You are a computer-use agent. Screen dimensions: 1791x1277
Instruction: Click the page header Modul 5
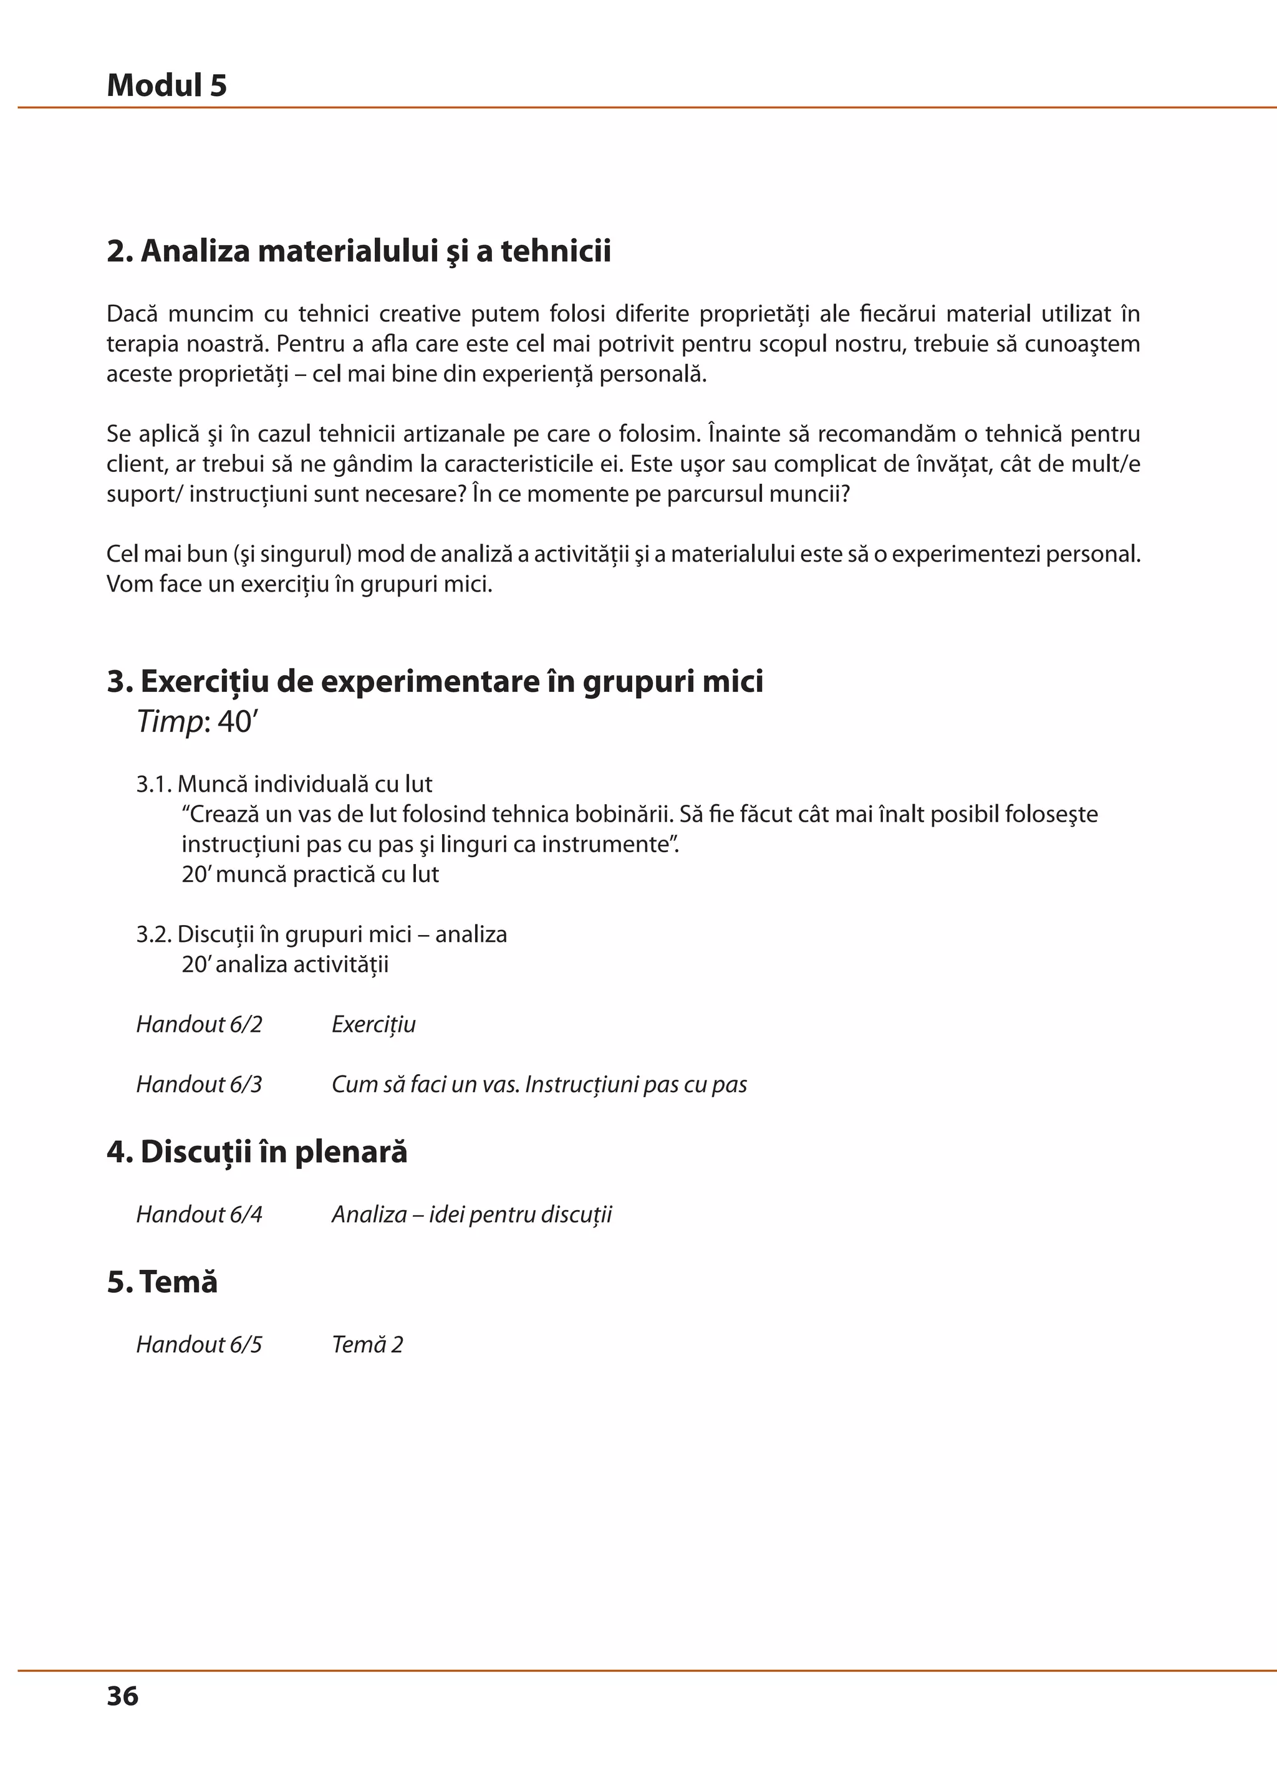[x=166, y=85]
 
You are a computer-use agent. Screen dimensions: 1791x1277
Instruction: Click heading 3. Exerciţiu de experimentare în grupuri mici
[x=435, y=681]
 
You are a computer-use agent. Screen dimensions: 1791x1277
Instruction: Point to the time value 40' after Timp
[x=238, y=722]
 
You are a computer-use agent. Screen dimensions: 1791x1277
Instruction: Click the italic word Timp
[x=169, y=722]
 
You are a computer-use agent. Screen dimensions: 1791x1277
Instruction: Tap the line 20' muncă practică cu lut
[x=310, y=874]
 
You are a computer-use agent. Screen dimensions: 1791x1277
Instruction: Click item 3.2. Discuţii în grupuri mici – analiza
[x=322, y=934]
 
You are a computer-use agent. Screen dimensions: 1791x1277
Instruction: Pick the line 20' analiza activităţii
[x=285, y=964]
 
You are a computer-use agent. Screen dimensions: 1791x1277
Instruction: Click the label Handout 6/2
[x=199, y=1024]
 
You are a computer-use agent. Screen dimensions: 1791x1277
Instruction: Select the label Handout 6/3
[x=199, y=1084]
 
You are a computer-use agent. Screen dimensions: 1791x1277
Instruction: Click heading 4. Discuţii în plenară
[x=257, y=1152]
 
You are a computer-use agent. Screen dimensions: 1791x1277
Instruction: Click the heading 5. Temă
[x=162, y=1282]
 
